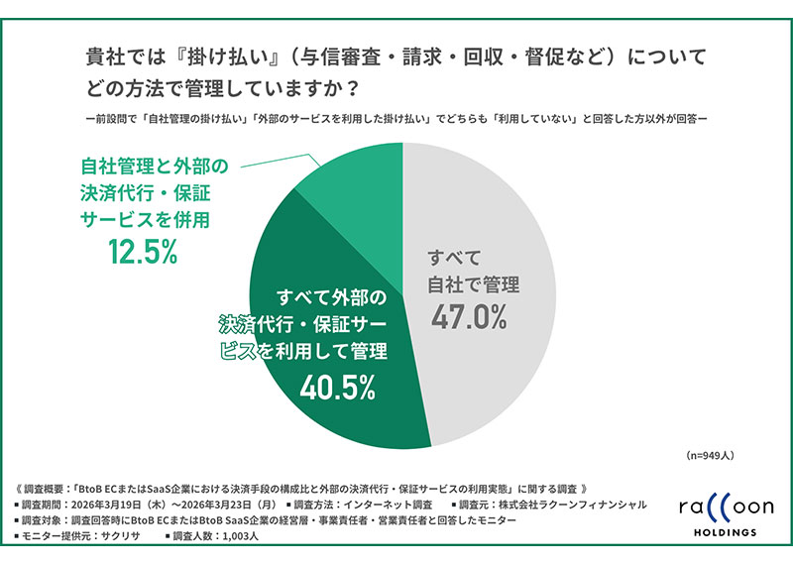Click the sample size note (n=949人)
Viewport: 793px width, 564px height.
pos(719,457)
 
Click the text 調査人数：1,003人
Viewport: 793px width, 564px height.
pos(216,535)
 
